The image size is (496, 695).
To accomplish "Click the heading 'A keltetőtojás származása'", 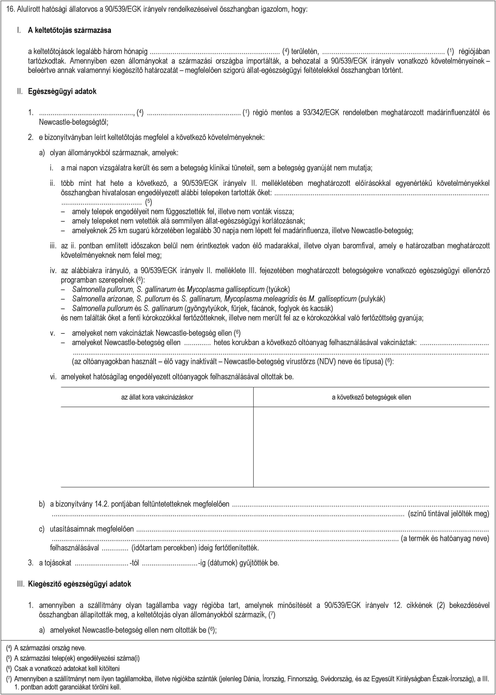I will pyautogui.click(x=69, y=30).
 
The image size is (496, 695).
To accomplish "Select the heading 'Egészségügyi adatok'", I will pyautogui.click(x=62, y=92).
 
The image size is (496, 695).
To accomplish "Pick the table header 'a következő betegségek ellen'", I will pyautogui.click(x=371, y=397).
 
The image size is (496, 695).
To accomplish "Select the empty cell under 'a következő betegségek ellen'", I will pyautogui.click(x=371, y=447).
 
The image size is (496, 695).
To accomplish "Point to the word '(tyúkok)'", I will pyautogui.click(x=278, y=289).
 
